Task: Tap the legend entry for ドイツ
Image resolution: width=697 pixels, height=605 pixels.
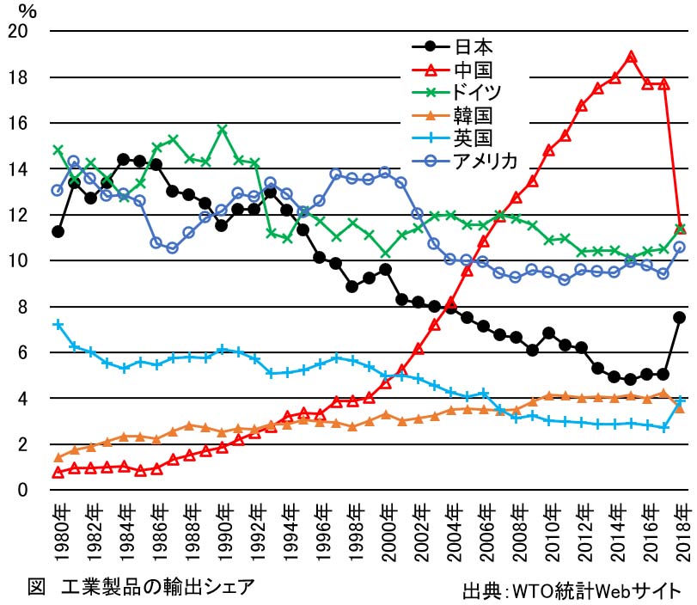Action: (480, 91)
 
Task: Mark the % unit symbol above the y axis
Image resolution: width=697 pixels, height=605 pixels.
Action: (28, 11)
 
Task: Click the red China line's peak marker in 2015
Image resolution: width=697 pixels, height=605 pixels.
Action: (631, 57)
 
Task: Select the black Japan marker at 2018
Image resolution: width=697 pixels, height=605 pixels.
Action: (679, 317)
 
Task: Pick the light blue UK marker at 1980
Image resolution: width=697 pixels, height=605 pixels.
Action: (58, 324)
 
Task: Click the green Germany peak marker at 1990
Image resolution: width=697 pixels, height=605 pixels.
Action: (222, 130)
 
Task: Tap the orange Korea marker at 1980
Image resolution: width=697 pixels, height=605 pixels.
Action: (58, 457)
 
